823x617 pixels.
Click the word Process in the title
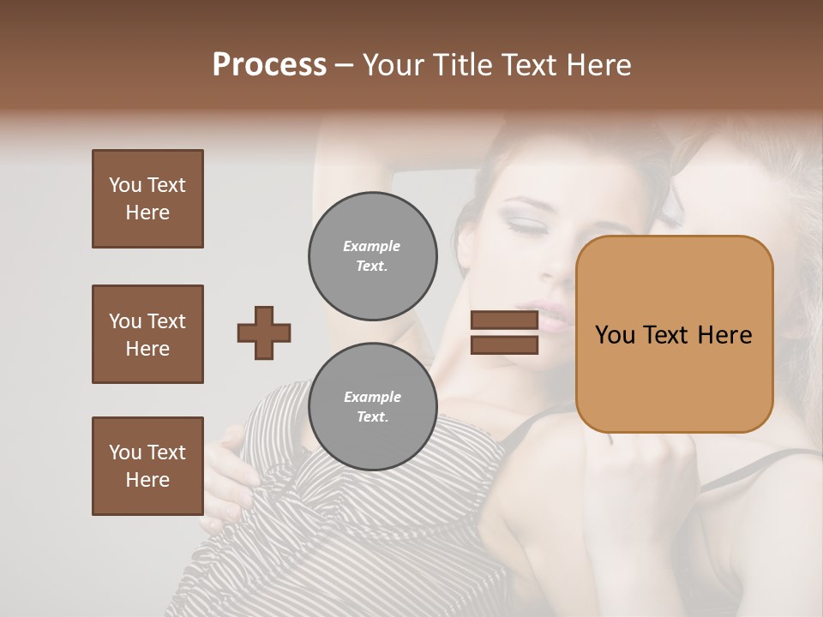tap(269, 65)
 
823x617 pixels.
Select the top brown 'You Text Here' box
tap(147, 199)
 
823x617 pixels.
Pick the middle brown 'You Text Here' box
tap(147, 334)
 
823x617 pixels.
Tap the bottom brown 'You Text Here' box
tap(147, 465)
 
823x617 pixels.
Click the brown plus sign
tap(264, 332)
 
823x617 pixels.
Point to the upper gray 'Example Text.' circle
tap(372, 255)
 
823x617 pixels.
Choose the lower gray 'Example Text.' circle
tap(372, 406)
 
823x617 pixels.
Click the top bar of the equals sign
tap(504, 320)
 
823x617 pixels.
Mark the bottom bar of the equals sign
tap(504, 344)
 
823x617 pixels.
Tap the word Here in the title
tap(599, 65)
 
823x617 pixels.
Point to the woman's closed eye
tap(522, 225)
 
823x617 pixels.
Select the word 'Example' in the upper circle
tap(372, 246)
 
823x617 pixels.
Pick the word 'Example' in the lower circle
tap(372, 397)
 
